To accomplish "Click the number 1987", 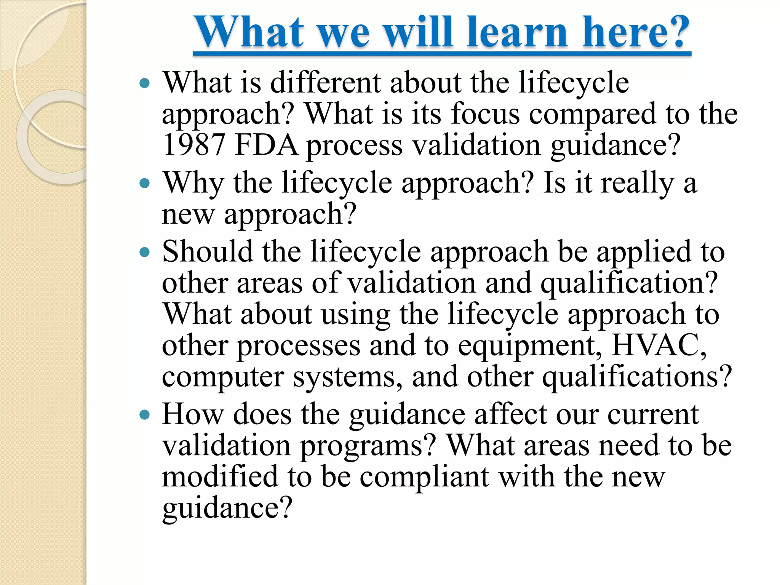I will pyautogui.click(x=193, y=145).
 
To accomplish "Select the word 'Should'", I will pyautogui.click(x=208, y=252).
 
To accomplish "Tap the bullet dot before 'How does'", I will pyautogui.click(x=145, y=415).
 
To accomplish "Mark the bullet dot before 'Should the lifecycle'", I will pyautogui.click(x=145, y=252).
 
